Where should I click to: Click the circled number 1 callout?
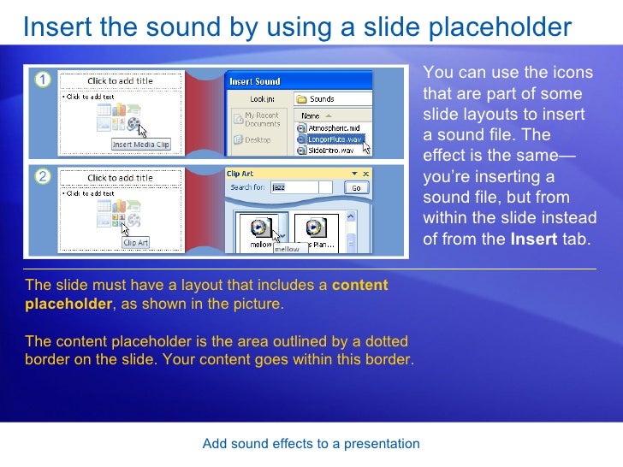click(40, 80)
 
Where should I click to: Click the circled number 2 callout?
click(40, 176)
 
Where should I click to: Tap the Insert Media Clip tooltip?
click(141, 145)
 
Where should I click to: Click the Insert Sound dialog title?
click(255, 82)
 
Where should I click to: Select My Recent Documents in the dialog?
click(260, 119)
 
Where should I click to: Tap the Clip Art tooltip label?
click(135, 243)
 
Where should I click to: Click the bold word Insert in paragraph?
click(534, 239)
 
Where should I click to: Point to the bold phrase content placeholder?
click(360, 285)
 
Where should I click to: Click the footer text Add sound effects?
click(311, 443)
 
